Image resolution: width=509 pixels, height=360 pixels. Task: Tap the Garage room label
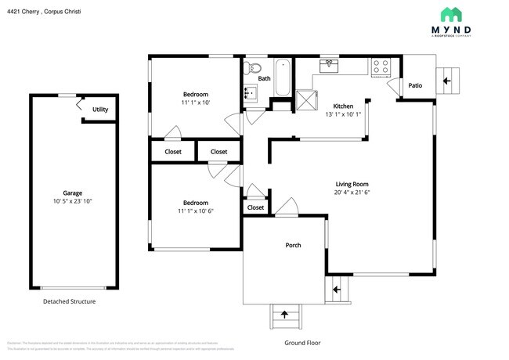pos(73,193)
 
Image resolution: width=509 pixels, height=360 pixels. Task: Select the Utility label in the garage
pos(100,110)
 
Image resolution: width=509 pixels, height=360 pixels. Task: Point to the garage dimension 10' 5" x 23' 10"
pos(73,201)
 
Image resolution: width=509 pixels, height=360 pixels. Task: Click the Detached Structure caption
pos(69,301)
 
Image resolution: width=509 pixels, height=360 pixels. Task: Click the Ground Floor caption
pos(301,343)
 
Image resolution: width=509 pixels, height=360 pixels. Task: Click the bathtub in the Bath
pos(282,77)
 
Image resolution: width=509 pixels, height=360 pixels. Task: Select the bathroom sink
pos(250,94)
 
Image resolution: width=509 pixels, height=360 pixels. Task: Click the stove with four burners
pos(381,67)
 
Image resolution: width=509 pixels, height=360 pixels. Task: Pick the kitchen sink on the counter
pos(328,66)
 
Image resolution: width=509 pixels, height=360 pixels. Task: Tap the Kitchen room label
pos(343,106)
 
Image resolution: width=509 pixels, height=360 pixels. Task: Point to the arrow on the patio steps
pos(448,80)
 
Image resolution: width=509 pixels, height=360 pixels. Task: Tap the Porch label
pos(293,245)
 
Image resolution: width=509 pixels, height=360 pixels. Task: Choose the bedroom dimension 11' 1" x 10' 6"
pos(195,211)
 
